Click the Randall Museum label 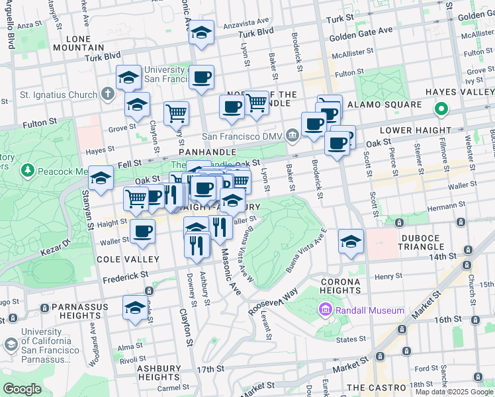[369, 310]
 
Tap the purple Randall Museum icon [325, 310]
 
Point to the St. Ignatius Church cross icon [109, 95]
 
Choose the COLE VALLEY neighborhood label [128, 259]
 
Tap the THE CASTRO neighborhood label [377, 387]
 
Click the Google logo [22, 389]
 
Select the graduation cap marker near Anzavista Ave [201, 32]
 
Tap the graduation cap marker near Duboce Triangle [351, 241]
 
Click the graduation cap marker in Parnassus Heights [135, 308]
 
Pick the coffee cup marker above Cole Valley [142, 232]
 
